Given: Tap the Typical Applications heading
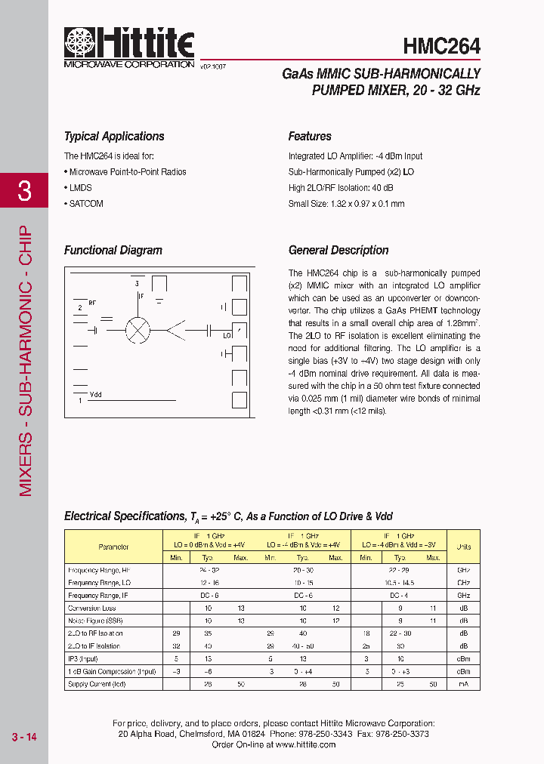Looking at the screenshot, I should (114, 137).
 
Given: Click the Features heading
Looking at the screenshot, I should (310, 137).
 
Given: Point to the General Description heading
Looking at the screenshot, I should (338, 251).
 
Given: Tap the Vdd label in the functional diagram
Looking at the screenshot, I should (96, 394).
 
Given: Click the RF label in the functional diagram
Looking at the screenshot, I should (92, 302).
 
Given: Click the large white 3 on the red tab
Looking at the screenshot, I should (24, 191).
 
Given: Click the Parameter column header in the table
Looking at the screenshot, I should (113, 547).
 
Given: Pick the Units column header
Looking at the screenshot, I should (463, 547).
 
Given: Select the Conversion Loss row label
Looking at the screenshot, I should (93, 608).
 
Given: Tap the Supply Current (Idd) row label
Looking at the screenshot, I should (97, 684).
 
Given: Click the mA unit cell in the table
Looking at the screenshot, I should (463, 684).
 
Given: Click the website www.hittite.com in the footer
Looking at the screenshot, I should (305, 744).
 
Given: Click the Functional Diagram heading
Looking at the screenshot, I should (113, 251).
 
